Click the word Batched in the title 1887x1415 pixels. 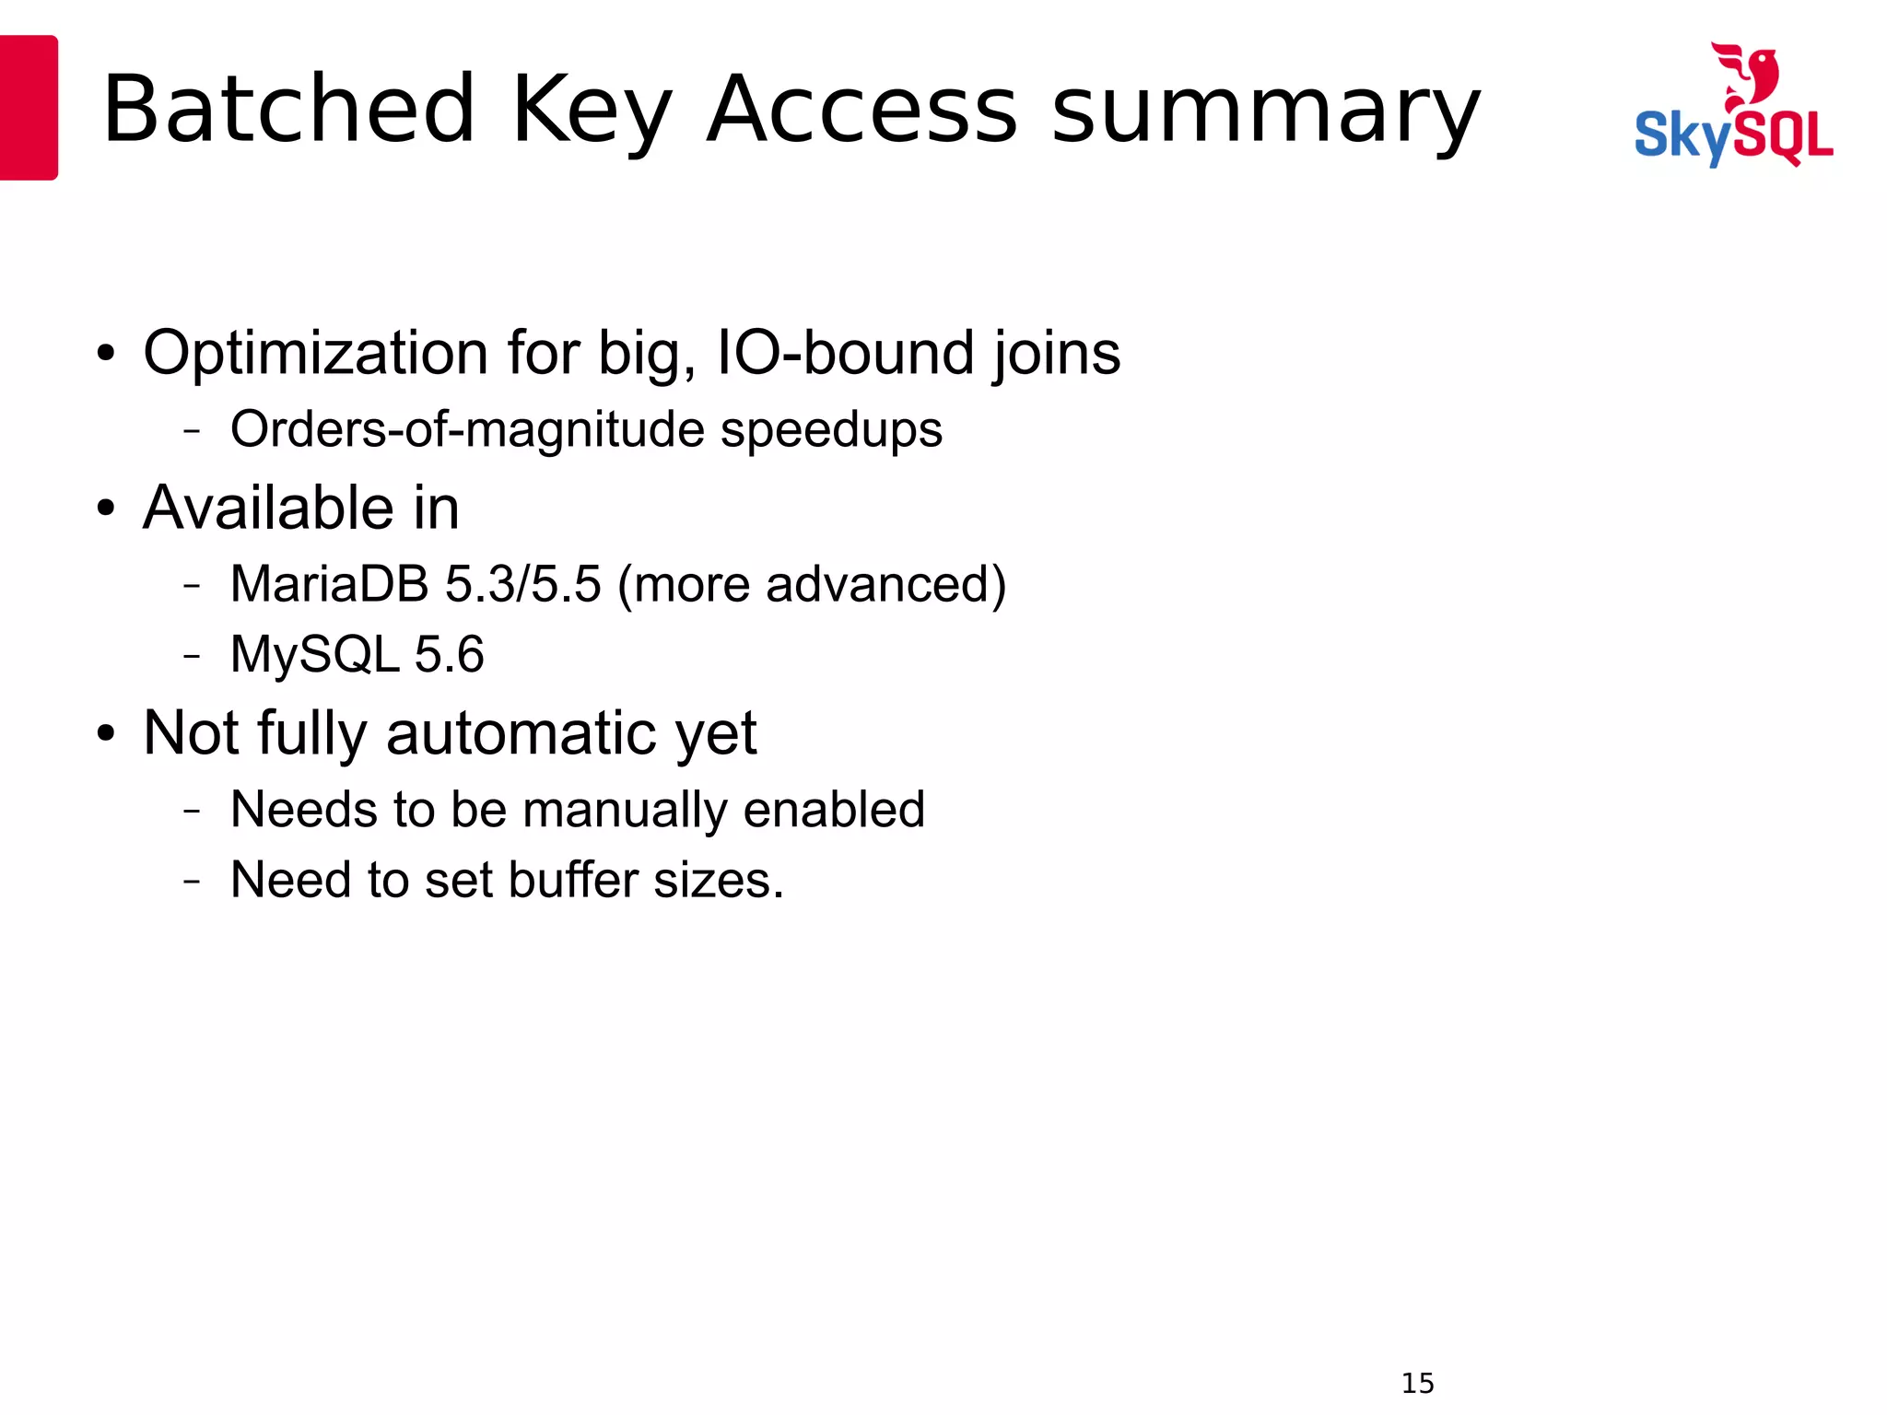(x=288, y=111)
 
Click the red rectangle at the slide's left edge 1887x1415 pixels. (x=28, y=108)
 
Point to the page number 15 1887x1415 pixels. (x=1417, y=1383)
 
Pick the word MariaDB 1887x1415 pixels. (x=329, y=584)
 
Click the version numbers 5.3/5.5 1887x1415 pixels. (x=522, y=584)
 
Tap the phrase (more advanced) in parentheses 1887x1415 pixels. (x=812, y=585)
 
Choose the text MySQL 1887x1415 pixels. (x=314, y=655)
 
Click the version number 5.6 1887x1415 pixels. (x=449, y=655)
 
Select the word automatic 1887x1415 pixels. (x=522, y=734)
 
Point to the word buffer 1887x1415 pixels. (x=572, y=880)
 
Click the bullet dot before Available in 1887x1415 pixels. (x=106, y=509)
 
